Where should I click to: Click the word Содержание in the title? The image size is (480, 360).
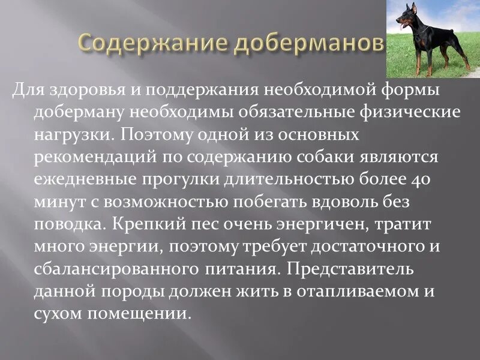pos(154,44)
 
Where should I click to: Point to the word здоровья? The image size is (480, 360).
pos(79,91)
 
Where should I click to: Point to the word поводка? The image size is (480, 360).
pos(66,224)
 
